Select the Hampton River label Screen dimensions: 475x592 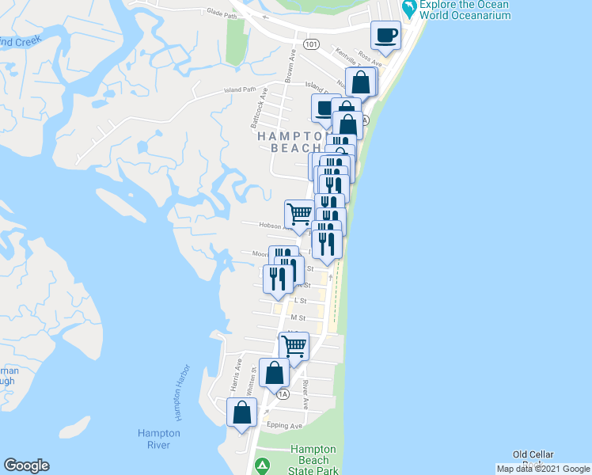[x=159, y=439]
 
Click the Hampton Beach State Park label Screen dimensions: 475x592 [x=314, y=460]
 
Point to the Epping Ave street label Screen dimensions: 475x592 [x=286, y=426]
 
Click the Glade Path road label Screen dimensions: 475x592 [x=222, y=13]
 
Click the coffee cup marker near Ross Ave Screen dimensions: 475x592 [x=385, y=35]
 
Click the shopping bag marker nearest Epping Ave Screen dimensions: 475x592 [x=242, y=412]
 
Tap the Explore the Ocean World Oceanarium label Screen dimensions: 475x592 [x=465, y=9]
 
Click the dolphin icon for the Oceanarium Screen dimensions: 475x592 [x=409, y=9]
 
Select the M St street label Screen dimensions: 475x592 [x=298, y=317]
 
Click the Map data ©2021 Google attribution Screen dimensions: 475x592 [x=543, y=469]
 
